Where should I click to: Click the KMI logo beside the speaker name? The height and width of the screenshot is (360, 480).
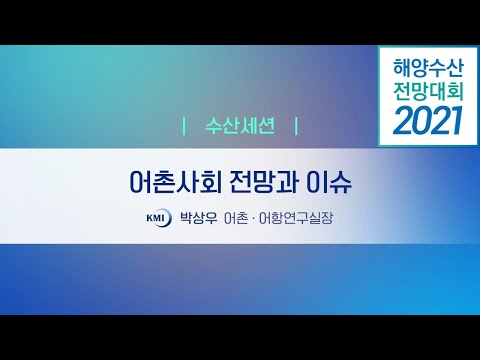click(157, 215)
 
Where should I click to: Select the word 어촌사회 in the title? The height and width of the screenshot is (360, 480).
click(164, 184)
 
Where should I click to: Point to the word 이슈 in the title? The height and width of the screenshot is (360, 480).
click(333, 184)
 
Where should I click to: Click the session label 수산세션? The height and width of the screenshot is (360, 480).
click(240, 127)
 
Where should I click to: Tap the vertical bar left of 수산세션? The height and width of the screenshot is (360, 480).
click(185, 127)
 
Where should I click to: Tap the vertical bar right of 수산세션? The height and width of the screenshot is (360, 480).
click(296, 127)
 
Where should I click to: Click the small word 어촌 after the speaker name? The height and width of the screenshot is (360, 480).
click(236, 215)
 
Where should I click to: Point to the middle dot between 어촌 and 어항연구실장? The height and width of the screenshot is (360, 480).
click(252, 215)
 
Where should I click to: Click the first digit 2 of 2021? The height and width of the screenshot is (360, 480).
click(401, 121)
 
